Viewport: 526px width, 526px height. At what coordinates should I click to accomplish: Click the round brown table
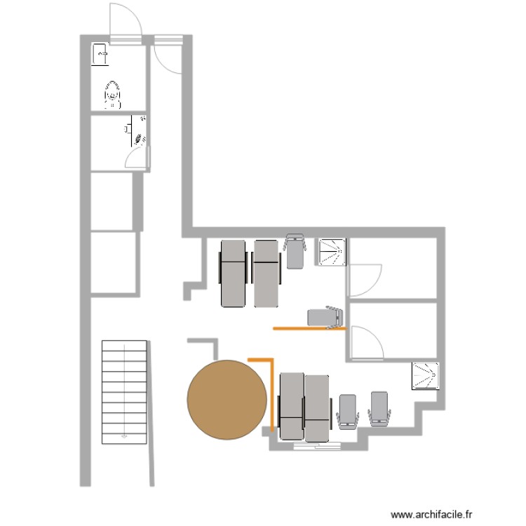[x=227, y=400]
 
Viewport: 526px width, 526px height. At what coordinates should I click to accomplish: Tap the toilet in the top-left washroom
[x=112, y=93]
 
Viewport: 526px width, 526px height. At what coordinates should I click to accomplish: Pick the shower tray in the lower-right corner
[x=426, y=375]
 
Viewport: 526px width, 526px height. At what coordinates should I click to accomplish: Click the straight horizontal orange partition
[x=309, y=328]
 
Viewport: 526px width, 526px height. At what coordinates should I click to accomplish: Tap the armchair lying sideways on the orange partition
[x=325, y=317]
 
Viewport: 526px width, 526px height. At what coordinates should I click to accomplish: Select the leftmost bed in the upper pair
[x=234, y=274]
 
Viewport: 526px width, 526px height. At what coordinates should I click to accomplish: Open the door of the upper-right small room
[x=365, y=281]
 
